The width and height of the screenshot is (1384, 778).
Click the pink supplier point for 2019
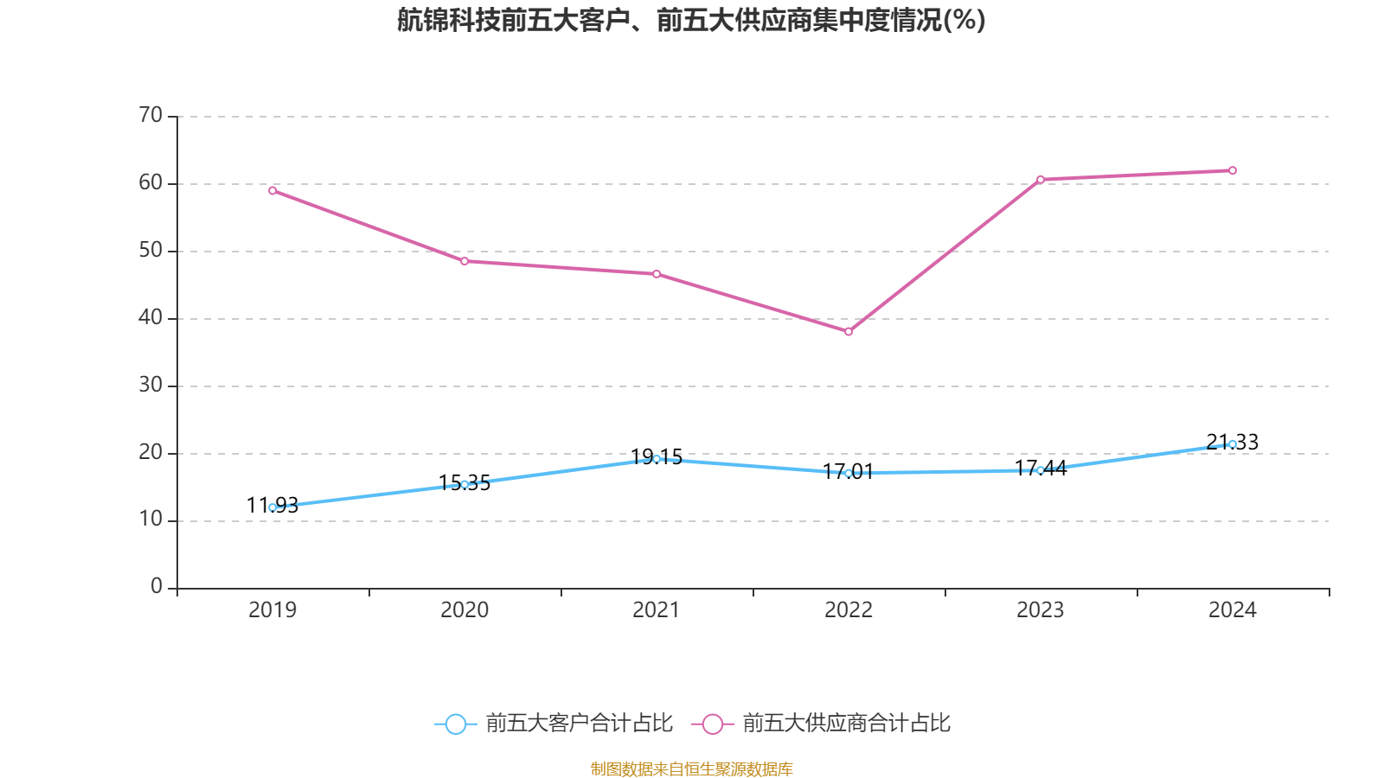[x=272, y=190]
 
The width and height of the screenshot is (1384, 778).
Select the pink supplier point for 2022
[x=849, y=332]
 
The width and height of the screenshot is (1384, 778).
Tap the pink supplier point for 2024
[x=1233, y=170]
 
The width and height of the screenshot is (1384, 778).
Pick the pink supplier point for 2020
[x=465, y=261]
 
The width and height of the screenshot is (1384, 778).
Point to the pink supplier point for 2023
[x=1041, y=180]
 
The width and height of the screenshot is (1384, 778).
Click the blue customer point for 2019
[x=272, y=507]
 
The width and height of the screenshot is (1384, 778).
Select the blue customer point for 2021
[x=657, y=459]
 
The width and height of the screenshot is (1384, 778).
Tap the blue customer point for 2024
[x=1233, y=444]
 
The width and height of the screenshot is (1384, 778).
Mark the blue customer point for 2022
[x=849, y=473]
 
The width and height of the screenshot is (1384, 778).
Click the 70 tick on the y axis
[x=151, y=115]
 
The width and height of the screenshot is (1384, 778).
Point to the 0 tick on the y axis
[x=157, y=587]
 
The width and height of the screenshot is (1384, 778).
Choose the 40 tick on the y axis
[x=151, y=317]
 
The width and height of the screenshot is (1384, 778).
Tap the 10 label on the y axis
[x=151, y=520]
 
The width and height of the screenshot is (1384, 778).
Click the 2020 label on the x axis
[x=465, y=610]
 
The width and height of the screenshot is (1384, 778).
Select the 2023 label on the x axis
[x=1041, y=610]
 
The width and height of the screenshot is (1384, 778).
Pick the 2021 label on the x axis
[x=657, y=610]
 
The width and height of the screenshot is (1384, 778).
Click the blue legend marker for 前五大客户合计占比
[x=456, y=724]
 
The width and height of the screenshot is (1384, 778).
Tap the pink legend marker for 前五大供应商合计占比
[x=713, y=724]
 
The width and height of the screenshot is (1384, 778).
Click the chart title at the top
[x=691, y=20]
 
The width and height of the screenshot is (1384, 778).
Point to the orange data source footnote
[x=691, y=768]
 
